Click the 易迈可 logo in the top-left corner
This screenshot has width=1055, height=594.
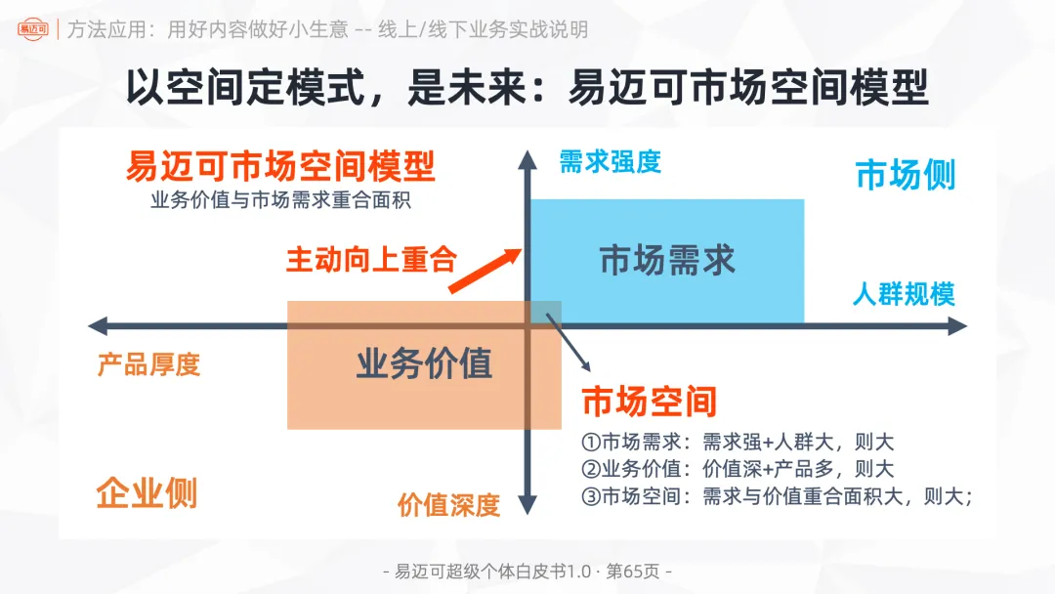pos(32,29)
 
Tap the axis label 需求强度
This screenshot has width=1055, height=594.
pos(610,162)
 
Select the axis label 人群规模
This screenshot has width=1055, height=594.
pos(904,293)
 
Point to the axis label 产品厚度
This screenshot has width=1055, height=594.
pos(148,364)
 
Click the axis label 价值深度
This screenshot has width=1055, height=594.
pos(448,505)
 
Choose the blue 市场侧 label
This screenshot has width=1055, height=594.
pos(906,175)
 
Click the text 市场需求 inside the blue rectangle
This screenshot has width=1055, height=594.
pos(667,261)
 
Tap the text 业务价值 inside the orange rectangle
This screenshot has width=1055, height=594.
pos(424,363)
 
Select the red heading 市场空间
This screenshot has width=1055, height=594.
pos(650,401)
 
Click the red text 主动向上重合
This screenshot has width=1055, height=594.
pos(371,260)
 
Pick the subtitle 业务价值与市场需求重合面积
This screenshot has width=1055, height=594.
pos(280,201)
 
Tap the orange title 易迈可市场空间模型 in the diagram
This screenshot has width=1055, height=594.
pos(280,167)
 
